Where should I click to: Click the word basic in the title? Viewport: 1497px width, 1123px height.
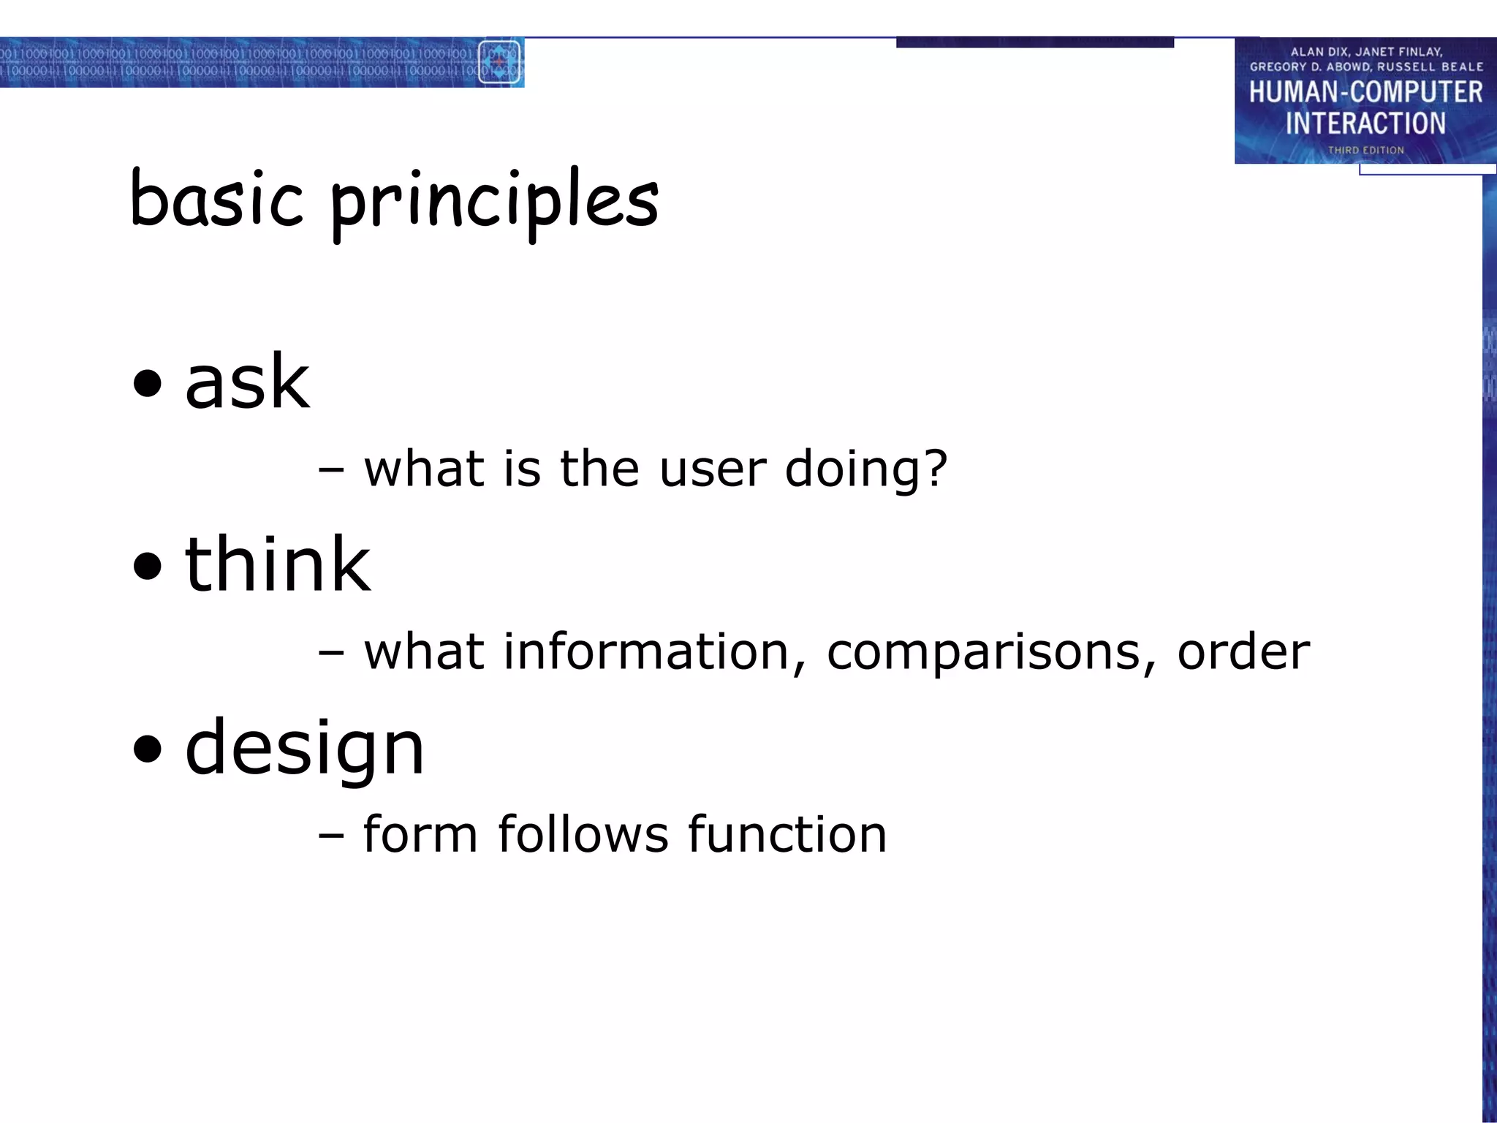click(216, 199)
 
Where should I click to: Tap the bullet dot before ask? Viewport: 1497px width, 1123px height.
click(148, 382)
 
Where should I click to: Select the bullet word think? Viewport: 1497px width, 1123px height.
click(277, 564)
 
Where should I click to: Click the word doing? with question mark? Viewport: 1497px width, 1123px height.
click(866, 469)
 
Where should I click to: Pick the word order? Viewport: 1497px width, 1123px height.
click(1243, 651)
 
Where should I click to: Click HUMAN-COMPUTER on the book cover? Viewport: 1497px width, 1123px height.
click(1365, 93)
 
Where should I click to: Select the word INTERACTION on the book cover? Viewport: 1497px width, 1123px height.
click(1365, 124)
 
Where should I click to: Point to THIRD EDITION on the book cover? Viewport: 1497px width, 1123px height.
click(1365, 151)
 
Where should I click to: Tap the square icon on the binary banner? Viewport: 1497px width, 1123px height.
click(499, 63)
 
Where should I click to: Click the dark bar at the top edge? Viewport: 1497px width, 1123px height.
click(1034, 42)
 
